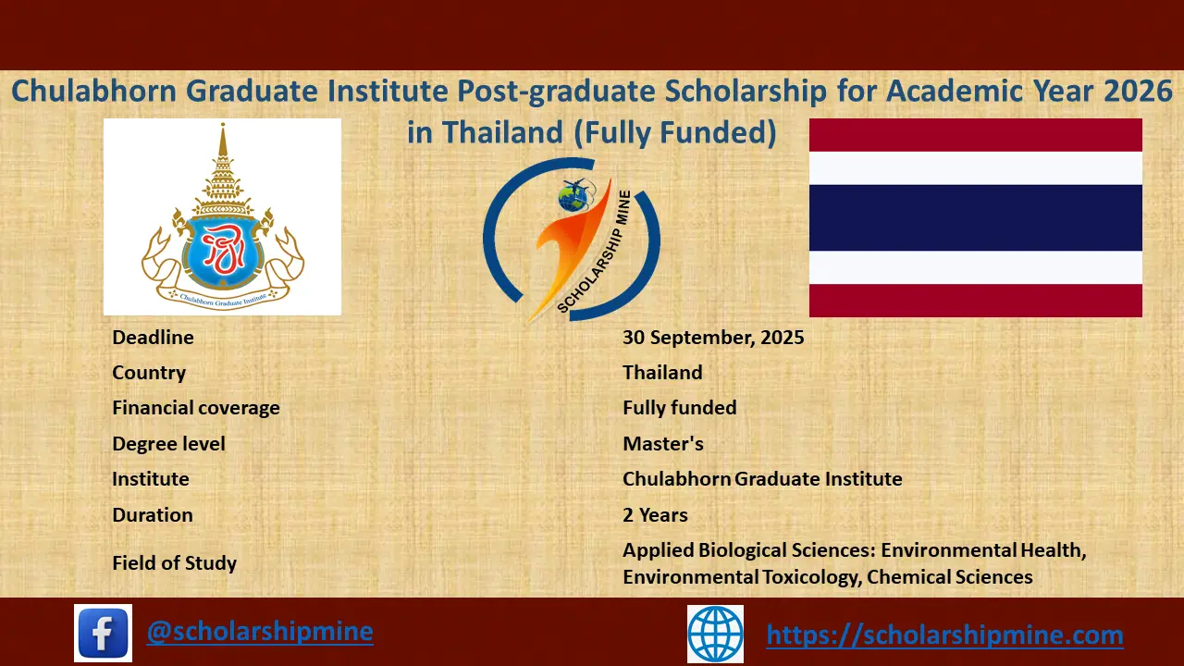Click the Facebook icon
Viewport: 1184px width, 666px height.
(x=103, y=633)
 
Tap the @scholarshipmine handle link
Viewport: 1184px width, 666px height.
(x=260, y=632)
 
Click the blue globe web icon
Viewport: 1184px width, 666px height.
(x=715, y=634)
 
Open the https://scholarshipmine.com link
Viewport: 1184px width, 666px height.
(x=944, y=635)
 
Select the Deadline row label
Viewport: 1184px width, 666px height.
(x=153, y=338)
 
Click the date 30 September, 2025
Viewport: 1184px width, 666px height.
(x=713, y=338)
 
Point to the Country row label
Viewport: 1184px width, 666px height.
(x=149, y=373)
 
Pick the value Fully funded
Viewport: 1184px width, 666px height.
(x=680, y=408)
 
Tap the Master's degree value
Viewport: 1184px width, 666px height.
(x=663, y=444)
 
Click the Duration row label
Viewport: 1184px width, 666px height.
(x=153, y=515)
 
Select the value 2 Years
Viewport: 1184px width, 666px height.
(x=655, y=515)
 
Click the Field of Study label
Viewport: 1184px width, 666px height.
(x=175, y=563)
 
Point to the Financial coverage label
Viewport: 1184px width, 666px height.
(x=196, y=408)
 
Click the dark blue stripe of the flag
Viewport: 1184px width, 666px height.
(x=975, y=218)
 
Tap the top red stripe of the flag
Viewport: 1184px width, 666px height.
(x=975, y=135)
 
